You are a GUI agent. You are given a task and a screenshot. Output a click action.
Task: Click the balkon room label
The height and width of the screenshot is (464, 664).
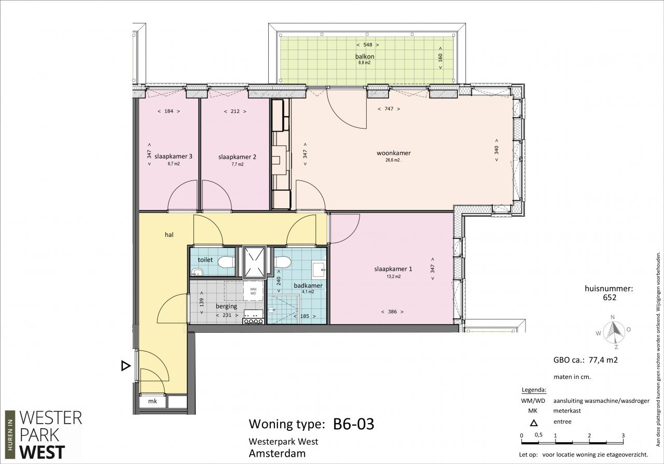[365, 57]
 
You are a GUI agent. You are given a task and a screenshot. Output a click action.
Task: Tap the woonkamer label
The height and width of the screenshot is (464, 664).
[394, 153]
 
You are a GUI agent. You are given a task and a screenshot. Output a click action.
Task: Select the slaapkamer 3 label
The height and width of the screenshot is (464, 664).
[173, 156]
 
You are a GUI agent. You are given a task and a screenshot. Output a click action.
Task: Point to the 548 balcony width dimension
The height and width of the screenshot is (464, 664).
[368, 45]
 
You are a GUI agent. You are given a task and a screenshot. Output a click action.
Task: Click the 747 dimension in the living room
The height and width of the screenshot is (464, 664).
[389, 109]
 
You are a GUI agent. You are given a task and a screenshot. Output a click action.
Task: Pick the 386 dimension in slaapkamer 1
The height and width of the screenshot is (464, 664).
[392, 312]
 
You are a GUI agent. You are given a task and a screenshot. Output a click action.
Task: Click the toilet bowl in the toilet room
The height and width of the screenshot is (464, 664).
[226, 262]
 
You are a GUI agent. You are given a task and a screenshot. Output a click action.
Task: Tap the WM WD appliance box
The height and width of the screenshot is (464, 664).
[253, 291]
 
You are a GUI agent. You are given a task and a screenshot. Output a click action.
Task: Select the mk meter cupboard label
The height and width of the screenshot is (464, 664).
[153, 401]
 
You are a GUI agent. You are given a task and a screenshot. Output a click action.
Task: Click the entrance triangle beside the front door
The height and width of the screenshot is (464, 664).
[126, 366]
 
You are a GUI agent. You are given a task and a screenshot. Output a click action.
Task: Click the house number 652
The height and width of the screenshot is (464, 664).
[610, 298]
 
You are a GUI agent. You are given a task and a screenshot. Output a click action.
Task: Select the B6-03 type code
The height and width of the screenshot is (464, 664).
[354, 424]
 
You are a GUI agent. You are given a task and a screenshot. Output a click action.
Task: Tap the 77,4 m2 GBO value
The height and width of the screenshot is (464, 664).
[603, 360]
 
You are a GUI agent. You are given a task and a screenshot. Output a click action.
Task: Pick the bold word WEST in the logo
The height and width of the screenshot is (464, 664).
[43, 453]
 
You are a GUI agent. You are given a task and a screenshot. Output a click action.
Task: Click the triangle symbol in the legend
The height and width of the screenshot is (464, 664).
[534, 423]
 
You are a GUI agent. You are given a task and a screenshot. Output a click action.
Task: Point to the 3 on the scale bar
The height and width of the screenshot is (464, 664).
[623, 435]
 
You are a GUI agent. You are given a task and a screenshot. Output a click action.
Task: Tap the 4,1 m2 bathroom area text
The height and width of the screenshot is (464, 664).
[308, 291]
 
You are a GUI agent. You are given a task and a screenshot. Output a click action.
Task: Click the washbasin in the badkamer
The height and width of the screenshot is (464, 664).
[319, 270]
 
